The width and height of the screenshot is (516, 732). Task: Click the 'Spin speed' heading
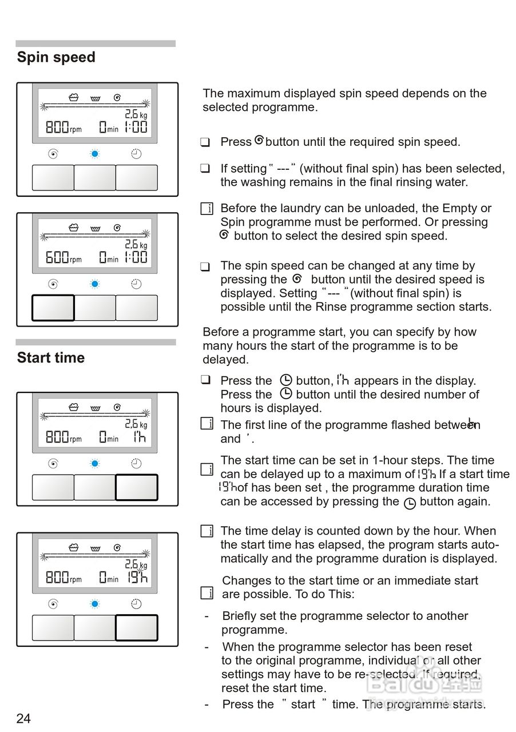coord(56,57)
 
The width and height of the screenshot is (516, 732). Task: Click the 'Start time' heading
coord(51,358)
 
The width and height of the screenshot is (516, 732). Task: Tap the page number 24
coord(23,718)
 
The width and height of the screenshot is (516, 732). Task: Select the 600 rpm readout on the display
coord(57,257)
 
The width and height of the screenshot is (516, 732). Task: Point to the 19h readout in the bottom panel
coord(137,577)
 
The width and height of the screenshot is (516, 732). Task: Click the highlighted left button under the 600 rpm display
coord(53,308)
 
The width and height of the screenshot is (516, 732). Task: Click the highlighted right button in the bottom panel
coord(137,628)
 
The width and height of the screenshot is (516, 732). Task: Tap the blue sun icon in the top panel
coord(95,154)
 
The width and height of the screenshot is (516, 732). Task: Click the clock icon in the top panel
coord(136,154)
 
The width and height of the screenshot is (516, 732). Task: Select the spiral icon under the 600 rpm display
coord(53,284)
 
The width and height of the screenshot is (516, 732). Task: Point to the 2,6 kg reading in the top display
coord(136,114)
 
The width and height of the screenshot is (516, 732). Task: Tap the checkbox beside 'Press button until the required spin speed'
coord(205,142)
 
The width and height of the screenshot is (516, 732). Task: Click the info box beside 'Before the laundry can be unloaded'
coord(207,209)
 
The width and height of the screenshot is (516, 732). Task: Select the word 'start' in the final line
coord(303,705)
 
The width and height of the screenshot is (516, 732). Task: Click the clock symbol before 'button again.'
coord(410,503)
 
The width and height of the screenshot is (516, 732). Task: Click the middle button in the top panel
coord(95,178)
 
